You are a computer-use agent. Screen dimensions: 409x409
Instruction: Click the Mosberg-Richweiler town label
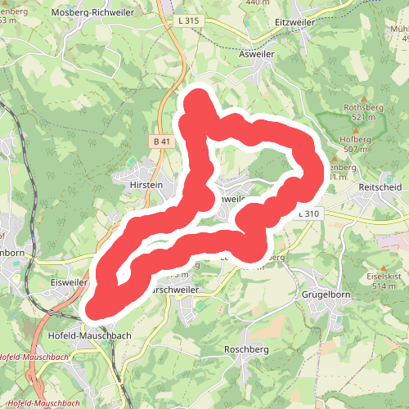(93, 13)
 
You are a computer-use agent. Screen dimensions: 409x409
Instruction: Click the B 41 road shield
(162, 142)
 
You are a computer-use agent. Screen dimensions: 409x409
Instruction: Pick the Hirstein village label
(146, 186)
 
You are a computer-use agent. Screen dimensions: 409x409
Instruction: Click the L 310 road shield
(308, 213)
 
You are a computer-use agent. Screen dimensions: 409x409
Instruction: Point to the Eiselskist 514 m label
(383, 281)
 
